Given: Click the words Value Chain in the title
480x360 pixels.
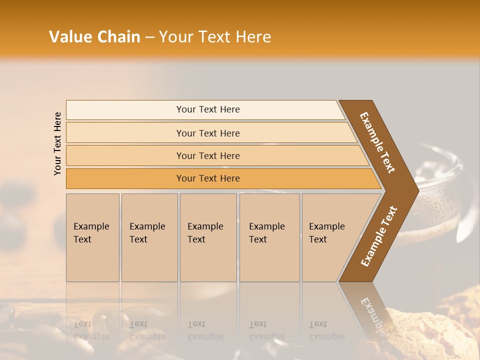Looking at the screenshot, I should tap(94, 37).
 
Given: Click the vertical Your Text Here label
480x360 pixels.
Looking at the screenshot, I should tap(57, 143).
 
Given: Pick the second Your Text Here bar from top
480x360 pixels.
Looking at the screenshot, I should tap(207, 133).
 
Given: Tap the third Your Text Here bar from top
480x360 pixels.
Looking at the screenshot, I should tap(207, 155).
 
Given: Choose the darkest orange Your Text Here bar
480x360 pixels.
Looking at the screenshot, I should tap(207, 178).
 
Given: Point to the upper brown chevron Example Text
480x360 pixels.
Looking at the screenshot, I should tap(378, 143).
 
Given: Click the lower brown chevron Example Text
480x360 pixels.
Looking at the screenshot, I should tap(378, 236).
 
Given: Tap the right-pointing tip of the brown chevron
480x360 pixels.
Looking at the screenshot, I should tap(414, 190).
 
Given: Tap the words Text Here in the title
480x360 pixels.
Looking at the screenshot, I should tap(234, 37).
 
